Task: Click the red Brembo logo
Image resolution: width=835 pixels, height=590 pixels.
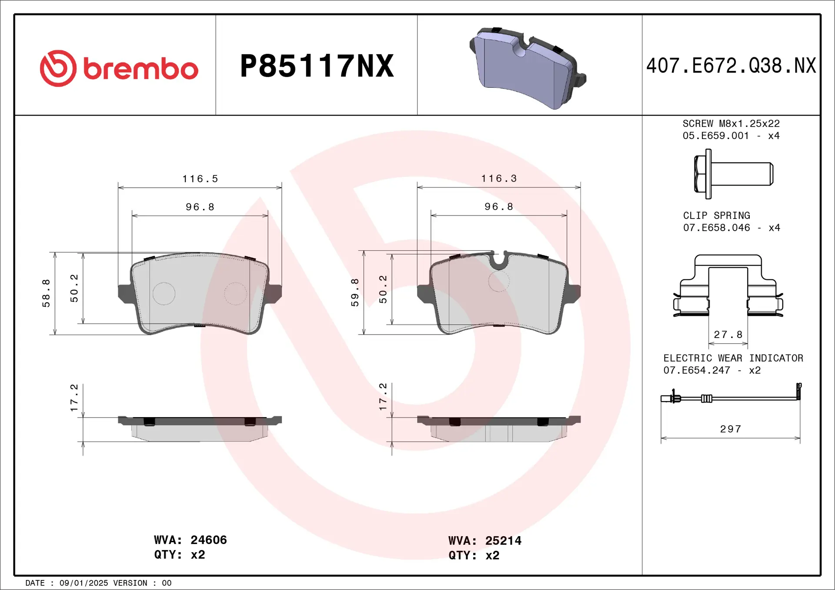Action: (119, 68)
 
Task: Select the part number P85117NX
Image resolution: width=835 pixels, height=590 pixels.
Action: (317, 66)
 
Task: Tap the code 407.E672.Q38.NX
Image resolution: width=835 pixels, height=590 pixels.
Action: (731, 66)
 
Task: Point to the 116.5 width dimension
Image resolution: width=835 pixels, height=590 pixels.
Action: (200, 179)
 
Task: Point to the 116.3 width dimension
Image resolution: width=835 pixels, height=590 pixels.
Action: (499, 179)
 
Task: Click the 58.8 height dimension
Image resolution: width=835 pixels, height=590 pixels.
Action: (46, 293)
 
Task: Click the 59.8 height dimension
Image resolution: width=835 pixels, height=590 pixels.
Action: (355, 292)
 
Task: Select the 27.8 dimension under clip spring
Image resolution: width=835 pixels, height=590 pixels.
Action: (728, 335)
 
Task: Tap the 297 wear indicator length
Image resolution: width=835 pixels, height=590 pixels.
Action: (731, 429)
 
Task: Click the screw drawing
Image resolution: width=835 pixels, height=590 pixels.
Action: (733, 174)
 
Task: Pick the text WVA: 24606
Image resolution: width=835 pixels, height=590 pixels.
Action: (190, 540)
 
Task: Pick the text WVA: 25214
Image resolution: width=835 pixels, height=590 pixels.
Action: (484, 541)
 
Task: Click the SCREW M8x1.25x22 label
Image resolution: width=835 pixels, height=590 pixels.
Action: (731, 124)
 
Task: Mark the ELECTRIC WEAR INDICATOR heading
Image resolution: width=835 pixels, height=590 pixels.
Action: (733, 358)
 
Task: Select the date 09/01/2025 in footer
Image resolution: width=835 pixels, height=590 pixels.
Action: (83, 583)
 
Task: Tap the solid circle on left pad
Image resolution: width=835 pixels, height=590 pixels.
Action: (164, 294)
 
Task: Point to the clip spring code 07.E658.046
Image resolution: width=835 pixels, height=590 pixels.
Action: (716, 228)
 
